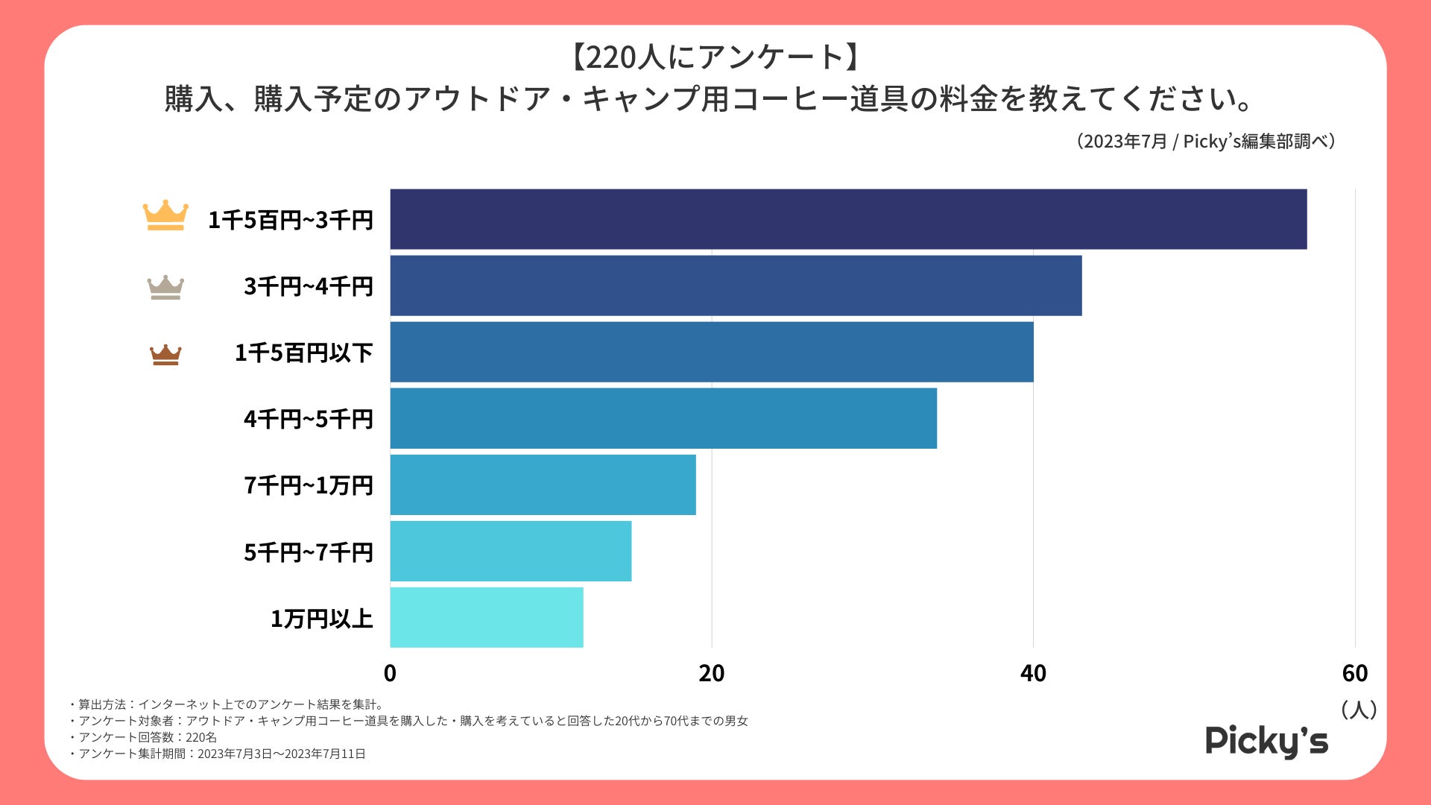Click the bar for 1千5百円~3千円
[848, 219]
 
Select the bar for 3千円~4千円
[736, 285]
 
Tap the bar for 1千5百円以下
[712, 352]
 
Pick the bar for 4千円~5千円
[663, 418]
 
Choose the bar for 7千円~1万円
[543, 484]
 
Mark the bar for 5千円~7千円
[511, 551]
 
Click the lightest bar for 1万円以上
[487, 617]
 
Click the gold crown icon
[165, 215]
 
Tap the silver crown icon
[165, 287]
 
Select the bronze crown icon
[165, 355]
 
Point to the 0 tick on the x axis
[390, 673]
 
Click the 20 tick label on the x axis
[711, 673]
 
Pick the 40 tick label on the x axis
[1033, 673]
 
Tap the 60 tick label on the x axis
[1354, 673]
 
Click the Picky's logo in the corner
[1266, 741]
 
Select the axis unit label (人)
[1358, 709]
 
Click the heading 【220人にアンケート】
[715, 57]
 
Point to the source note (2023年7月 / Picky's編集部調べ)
[1205, 142]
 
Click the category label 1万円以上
[321, 619]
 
